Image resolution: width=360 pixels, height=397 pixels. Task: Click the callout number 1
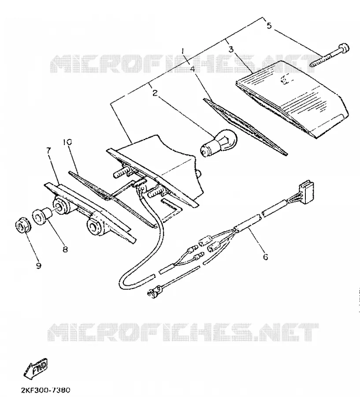(183, 52)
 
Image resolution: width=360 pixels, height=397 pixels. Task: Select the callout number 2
(155, 93)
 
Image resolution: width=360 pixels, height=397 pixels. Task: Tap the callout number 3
(231, 49)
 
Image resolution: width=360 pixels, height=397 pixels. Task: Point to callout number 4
(192, 69)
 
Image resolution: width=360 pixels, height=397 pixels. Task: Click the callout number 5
(269, 25)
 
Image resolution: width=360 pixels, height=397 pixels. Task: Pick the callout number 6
(265, 257)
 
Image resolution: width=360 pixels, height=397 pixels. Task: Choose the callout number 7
(48, 151)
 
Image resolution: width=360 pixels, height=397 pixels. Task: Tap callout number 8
(65, 249)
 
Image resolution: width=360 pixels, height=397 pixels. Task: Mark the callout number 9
(38, 266)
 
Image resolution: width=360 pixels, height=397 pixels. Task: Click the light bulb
(219, 142)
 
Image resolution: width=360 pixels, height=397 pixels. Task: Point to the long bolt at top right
(330, 55)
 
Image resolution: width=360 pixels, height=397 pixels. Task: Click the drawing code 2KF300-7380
(45, 390)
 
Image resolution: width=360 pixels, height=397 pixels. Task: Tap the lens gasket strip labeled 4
(245, 127)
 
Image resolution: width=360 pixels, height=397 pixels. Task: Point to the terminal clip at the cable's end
(155, 291)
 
